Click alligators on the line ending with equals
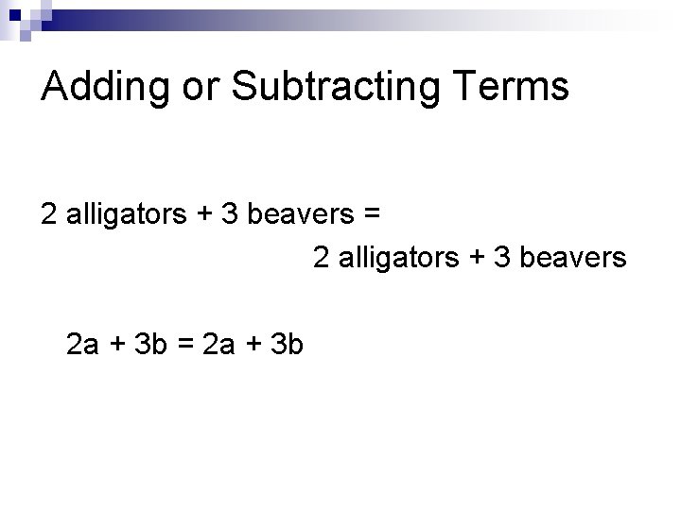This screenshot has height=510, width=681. coord(127,214)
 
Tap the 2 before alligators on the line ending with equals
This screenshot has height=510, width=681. coord(49,214)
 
